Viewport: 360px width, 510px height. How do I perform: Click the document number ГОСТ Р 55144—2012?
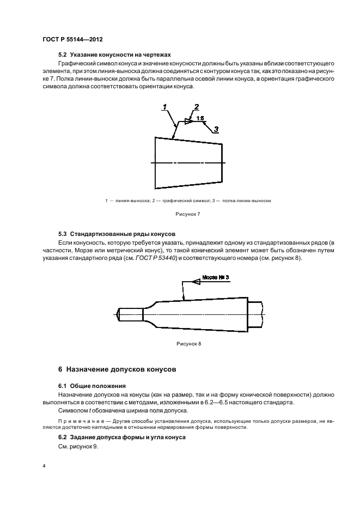[x=72, y=40]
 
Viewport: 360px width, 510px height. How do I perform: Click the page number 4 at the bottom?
[x=44, y=466]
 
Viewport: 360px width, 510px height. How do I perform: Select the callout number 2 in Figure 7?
[x=197, y=107]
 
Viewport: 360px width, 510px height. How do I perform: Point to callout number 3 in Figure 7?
[x=216, y=129]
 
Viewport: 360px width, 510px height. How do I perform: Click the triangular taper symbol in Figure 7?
[x=188, y=122]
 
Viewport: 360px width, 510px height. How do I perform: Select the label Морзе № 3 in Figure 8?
[x=215, y=277]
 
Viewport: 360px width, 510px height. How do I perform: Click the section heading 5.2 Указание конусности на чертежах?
[x=114, y=55]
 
